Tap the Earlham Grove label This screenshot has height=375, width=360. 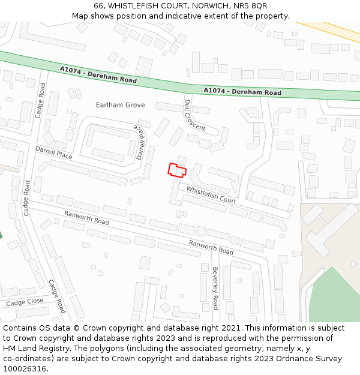120,105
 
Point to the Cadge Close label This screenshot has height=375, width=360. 25,302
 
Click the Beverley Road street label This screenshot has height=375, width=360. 214,287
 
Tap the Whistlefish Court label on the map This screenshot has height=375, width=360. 211,194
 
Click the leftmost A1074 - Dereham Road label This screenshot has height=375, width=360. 98,75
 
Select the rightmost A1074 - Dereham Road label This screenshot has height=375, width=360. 242,92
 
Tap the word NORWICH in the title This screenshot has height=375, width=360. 205,5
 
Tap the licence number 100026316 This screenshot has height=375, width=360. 25,369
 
